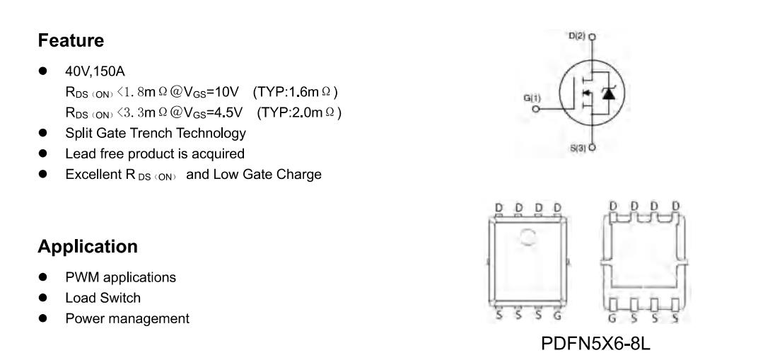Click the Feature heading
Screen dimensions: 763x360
(x=71, y=40)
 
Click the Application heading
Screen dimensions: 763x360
(x=88, y=247)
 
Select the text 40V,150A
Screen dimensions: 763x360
(x=95, y=71)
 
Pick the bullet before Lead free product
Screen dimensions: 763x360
(x=43, y=153)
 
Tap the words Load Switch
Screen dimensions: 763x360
(x=103, y=298)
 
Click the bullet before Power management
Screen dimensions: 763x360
(x=43, y=319)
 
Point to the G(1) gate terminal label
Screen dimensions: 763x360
(x=532, y=98)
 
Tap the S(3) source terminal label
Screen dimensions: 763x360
(x=578, y=148)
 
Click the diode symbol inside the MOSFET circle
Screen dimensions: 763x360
(x=608, y=93)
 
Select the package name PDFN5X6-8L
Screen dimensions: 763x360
(x=595, y=344)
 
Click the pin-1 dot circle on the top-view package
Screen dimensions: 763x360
(x=528, y=237)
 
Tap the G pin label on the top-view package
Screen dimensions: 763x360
(x=557, y=315)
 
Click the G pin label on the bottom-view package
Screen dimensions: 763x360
(x=612, y=319)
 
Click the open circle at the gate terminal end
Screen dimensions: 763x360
(x=536, y=110)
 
